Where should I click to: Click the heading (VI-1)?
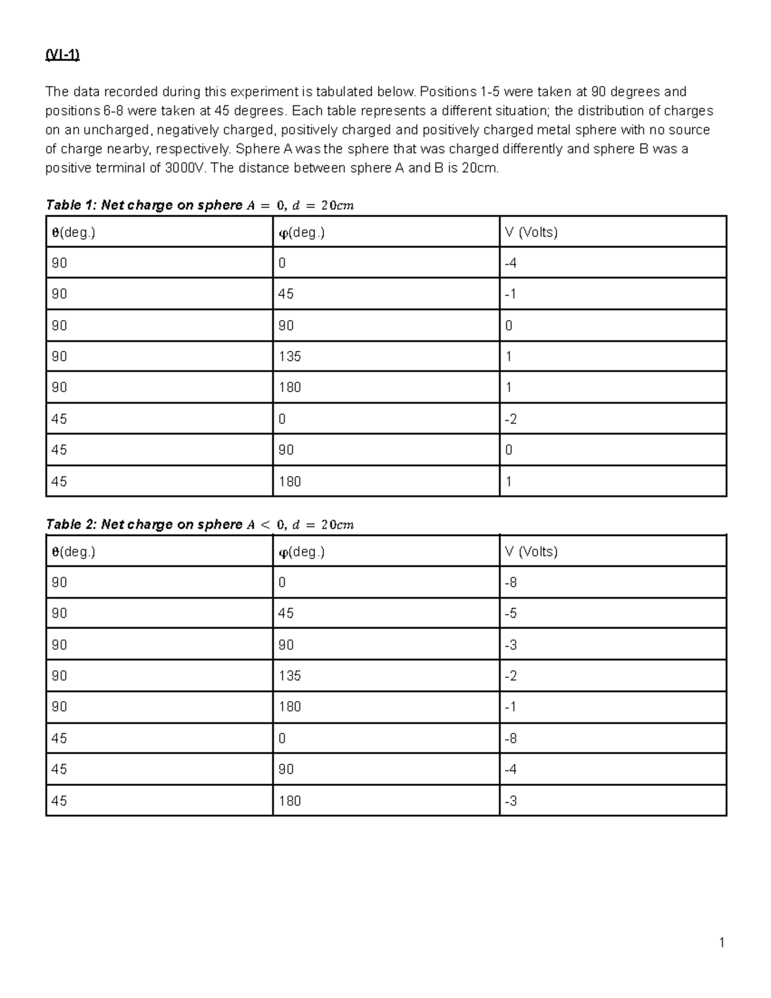tap(62, 55)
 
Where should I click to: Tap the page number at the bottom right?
tap(722, 943)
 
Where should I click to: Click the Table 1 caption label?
tap(70, 205)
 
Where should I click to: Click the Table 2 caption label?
tap(70, 524)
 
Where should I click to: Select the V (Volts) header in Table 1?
tap(531, 232)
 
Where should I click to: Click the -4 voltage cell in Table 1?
tap(511, 263)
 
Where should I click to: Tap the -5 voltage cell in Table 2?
tap(511, 613)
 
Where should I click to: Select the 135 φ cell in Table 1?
tap(290, 356)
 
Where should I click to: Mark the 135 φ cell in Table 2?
tap(290, 675)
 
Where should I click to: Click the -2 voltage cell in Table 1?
tap(511, 419)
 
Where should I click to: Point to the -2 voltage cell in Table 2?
tap(511, 675)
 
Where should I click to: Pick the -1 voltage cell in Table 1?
tap(511, 294)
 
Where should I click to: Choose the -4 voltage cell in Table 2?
tap(511, 769)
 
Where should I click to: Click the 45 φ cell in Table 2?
tap(286, 613)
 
